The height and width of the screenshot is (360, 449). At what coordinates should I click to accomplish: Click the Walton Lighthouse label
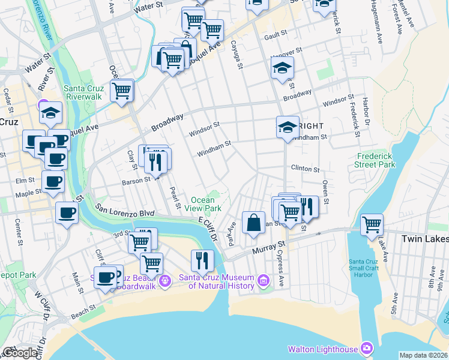(323, 349)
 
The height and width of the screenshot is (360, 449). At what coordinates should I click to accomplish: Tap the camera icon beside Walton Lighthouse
(367, 348)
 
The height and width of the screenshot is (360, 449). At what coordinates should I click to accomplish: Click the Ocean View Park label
(206, 204)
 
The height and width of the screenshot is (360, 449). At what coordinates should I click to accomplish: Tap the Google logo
(20, 353)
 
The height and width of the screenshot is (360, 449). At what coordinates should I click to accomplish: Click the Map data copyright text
(423, 355)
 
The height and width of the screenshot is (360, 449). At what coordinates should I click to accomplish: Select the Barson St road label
(136, 180)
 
